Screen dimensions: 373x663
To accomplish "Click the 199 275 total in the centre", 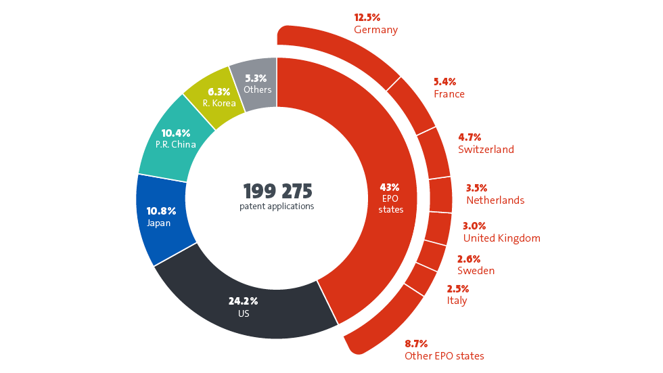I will [x=277, y=190].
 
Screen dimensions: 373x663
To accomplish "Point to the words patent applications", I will [x=277, y=206].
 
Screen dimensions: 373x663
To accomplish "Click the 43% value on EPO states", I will [x=390, y=187].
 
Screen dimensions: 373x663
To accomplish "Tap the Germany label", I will [x=375, y=30].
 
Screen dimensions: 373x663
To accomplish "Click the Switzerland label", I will [x=486, y=150].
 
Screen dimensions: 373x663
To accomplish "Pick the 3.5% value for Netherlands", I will [x=477, y=188].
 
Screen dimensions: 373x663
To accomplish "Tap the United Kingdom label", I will [x=501, y=238].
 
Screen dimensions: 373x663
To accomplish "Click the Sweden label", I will [x=476, y=271].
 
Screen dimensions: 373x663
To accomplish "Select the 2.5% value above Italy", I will [x=458, y=288].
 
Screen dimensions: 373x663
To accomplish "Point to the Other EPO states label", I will [x=444, y=356].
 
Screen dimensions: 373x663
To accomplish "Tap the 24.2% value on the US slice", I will [x=243, y=301].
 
